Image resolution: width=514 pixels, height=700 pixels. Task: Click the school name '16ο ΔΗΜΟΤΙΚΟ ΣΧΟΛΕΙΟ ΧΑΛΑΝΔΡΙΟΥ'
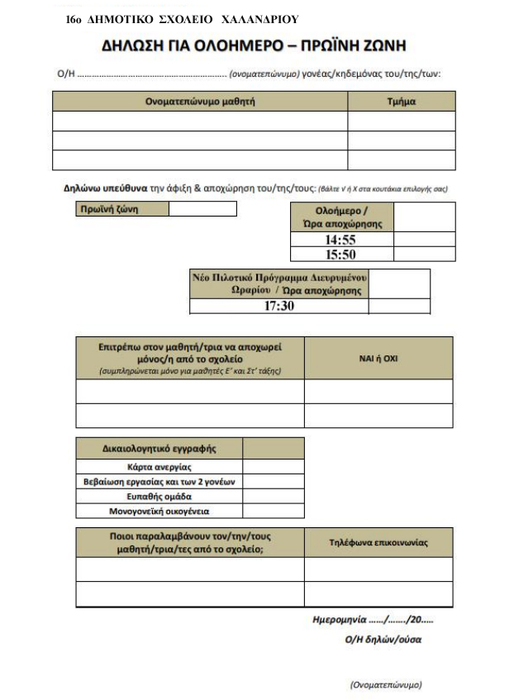[181, 17]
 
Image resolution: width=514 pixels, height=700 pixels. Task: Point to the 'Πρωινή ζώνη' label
[110, 208]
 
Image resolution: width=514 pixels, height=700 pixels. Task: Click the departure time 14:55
[340, 240]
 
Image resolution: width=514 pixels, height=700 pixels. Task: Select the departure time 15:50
[340, 254]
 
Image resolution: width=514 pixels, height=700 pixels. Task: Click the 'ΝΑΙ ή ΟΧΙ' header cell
[378, 357]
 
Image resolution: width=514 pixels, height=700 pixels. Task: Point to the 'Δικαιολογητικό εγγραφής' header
[159, 449]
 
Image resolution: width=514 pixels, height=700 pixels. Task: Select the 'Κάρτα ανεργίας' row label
[159, 467]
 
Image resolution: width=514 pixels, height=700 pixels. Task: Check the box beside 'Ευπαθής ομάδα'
[273, 497]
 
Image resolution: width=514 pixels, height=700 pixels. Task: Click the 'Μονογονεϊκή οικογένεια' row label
[159, 512]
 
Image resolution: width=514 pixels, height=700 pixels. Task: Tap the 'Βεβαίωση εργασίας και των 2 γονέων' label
[159, 482]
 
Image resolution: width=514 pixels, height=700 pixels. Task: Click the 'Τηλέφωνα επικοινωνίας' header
[378, 542]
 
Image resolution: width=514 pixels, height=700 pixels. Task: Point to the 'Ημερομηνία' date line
[372, 619]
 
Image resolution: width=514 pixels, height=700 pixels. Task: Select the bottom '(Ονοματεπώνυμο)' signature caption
[386, 685]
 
